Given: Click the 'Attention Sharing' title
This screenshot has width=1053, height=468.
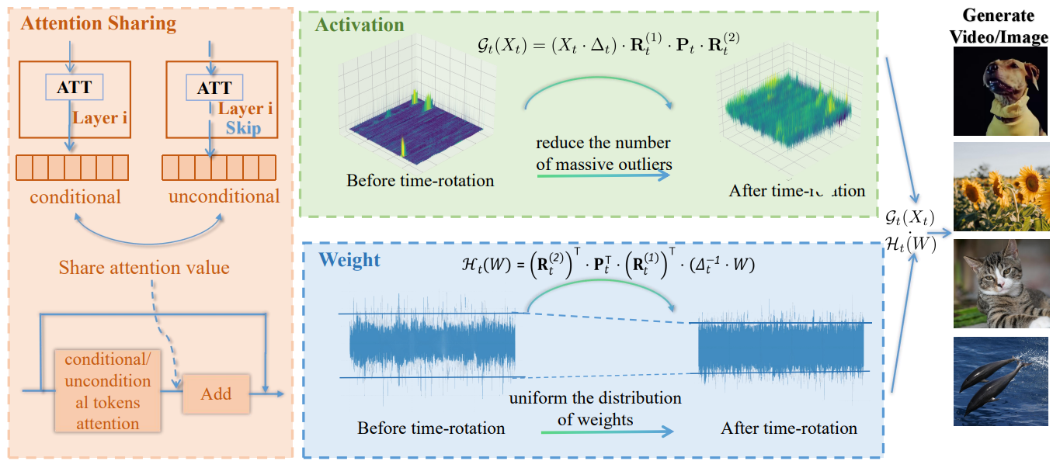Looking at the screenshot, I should pos(99,23).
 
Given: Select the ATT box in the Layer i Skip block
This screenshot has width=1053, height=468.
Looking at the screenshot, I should pos(214,88).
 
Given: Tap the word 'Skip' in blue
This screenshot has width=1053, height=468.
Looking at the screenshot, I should pos(243,128).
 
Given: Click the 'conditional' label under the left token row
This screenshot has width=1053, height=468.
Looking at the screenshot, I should pos(75,197).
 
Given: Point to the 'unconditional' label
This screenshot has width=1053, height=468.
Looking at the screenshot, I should pos(224,196).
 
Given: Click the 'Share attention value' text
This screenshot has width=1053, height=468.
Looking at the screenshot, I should pos(144,268).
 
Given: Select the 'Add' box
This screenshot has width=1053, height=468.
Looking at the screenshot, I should pos(216,393).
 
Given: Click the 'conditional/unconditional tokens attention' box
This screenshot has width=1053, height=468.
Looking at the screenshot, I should pos(107,392).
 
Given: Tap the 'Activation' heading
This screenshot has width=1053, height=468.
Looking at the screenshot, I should pos(360,25).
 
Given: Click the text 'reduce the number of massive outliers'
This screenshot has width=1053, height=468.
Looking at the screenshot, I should pos(603,153).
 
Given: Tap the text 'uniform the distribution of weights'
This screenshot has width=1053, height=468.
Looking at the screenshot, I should pos(595,409).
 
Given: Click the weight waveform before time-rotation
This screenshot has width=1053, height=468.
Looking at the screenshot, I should pos(432,344).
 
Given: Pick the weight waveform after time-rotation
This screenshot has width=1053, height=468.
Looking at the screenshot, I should pos(781,348).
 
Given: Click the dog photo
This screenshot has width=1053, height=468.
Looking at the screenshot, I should pos(1000,92).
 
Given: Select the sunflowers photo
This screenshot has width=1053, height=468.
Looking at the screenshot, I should pos(1000,186).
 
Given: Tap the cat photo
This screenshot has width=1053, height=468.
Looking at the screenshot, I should pos(1000,283).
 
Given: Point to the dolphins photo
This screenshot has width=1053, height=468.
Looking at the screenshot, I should pos(1000,380).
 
